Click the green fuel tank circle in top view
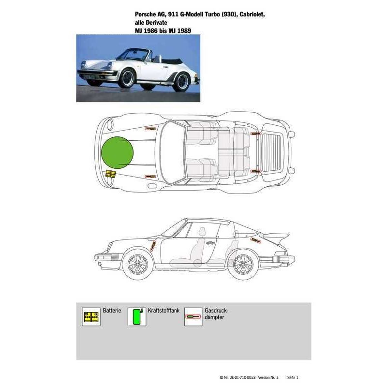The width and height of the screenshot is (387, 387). pyautogui.click(x=118, y=153)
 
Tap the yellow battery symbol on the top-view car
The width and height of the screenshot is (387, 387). pyautogui.click(x=111, y=174)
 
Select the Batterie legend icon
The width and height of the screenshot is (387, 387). pyautogui.click(x=91, y=317)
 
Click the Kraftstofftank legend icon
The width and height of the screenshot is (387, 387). pyautogui.click(x=137, y=317)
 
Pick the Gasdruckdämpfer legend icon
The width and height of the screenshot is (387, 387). pyautogui.click(x=193, y=317)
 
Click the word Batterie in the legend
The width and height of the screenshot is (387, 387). pyautogui.click(x=112, y=311)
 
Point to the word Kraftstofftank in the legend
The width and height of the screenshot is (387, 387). pyautogui.click(x=164, y=311)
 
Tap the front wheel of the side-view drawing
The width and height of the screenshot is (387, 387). pyautogui.click(x=138, y=265)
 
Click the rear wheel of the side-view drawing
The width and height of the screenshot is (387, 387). pyautogui.click(x=243, y=265)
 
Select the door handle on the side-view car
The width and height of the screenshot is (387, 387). pyautogui.click(x=210, y=243)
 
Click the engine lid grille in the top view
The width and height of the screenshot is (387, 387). pyautogui.click(x=271, y=152)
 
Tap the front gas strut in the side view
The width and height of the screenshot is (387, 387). pyautogui.click(x=153, y=246)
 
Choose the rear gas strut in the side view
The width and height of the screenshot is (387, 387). pyautogui.click(x=256, y=240)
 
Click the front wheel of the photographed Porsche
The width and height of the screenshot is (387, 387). pyautogui.click(x=127, y=78)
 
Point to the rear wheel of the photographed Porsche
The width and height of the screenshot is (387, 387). pyautogui.click(x=182, y=81)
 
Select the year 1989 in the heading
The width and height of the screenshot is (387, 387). pyautogui.click(x=184, y=30)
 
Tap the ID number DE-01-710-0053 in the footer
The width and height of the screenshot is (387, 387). pyautogui.click(x=242, y=377)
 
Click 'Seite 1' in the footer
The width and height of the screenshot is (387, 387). pyautogui.click(x=293, y=377)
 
